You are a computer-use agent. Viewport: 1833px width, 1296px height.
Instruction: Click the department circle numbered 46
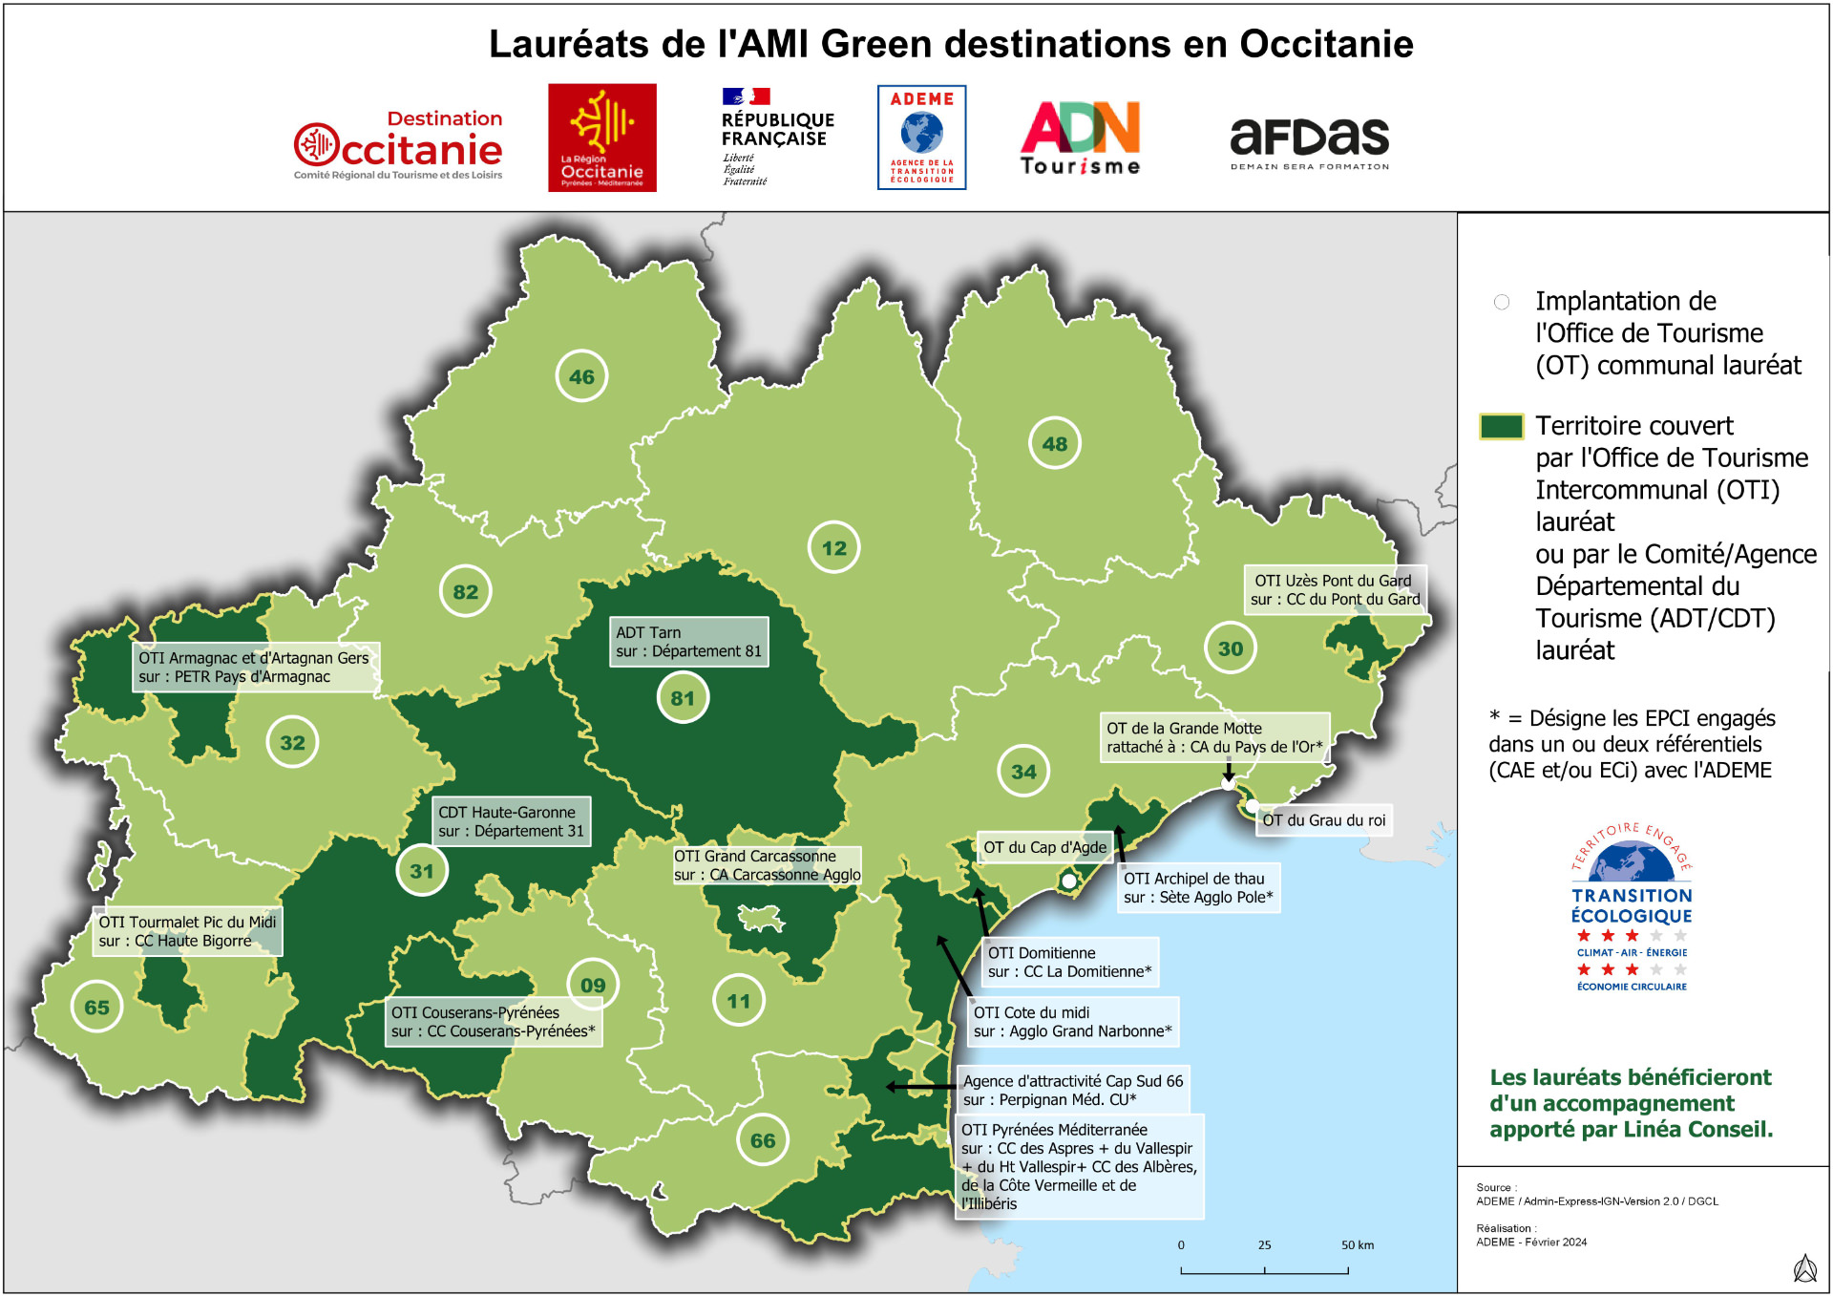[x=581, y=376]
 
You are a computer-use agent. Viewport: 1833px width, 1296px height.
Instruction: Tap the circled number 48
[x=1054, y=443]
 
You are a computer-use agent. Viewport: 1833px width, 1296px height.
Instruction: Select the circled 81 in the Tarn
[x=682, y=698]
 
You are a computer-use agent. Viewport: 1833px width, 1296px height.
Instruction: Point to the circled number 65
[x=96, y=1007]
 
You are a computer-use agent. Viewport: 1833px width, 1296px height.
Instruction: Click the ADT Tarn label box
[x=688, y=642]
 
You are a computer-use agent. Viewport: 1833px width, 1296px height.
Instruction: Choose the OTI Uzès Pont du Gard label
[x=1335, y=590]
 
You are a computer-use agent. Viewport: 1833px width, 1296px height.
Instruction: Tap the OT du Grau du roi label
[x=1322, y=820]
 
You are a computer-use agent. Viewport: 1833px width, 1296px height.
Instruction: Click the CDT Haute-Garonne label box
[x=511, y=821]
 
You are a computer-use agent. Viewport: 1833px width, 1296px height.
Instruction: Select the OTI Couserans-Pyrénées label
[x=493, y=1022]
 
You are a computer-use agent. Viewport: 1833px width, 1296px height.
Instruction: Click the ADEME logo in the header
[x=921, y=138]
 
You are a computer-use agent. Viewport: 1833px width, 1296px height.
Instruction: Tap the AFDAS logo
[x=1309, y=141]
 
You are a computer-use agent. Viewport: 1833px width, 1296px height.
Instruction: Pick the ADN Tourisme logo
[x=1081, y=138]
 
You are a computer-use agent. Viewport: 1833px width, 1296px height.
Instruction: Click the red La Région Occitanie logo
[x=601, y=138]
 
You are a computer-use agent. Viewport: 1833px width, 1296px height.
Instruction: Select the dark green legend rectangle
[x=1501, y=426]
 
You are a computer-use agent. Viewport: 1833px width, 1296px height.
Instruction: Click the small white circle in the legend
[x=1501, y=302]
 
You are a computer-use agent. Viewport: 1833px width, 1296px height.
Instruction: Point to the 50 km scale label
[x=1357, y=1244]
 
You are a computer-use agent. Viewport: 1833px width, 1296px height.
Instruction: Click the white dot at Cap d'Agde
[x=1068, y=881]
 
